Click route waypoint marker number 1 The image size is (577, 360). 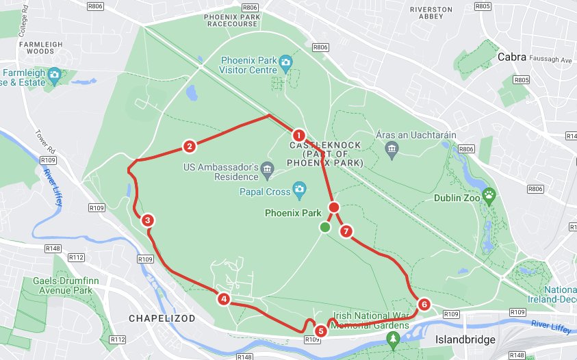298,135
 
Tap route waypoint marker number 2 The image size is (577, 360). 190,146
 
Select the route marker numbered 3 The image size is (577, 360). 146,220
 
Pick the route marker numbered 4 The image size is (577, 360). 223,299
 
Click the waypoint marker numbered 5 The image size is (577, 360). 322,331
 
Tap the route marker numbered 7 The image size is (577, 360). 346,231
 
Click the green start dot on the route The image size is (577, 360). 325,227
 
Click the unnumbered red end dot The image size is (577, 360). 333,207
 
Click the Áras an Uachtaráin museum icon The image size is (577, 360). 392,150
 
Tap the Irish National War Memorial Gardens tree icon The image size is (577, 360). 393,339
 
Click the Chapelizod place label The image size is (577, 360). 162,319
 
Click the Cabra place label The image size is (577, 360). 513,57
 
